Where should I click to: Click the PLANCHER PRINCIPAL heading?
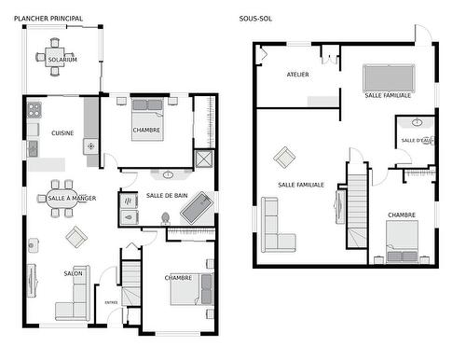[x=48, y=19]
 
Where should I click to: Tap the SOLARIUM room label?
[x=62, y=60]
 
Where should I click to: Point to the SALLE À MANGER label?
[x=71, y=199]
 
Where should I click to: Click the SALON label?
[x=73, y=273]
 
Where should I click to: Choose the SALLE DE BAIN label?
[x=167, y=195]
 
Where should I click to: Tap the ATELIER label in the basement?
[x=297, y=75]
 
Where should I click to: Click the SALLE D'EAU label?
[x=417, y=141]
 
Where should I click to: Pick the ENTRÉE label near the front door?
[x=111, y=302]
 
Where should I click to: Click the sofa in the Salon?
[x=73, y=304]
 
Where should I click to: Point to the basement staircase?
[x=359, y=211]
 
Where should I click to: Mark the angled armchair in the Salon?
[x=76, y=238]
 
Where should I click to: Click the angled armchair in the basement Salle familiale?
[x=284, y=158]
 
